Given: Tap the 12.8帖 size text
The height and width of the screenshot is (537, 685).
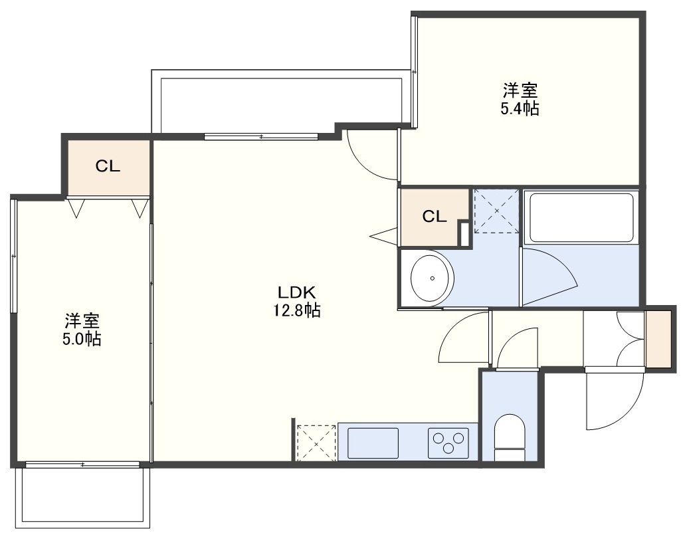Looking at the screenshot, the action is (297, 310).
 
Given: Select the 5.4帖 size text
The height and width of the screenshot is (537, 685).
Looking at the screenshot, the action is (520, 108).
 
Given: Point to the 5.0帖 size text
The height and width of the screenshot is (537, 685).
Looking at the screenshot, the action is (82, 339).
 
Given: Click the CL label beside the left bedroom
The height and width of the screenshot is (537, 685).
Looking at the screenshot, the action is (108, 166).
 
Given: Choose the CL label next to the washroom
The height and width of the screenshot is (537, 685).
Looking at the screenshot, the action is (435, 216).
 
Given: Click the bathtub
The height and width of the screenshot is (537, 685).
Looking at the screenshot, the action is (581, 217).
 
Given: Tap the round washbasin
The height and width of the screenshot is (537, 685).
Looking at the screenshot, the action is (433, 278).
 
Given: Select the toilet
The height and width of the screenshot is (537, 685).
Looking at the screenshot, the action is (510, 437).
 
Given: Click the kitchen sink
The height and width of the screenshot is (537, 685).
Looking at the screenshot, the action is (373, 443).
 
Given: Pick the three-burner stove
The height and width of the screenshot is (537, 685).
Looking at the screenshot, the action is (448, 443).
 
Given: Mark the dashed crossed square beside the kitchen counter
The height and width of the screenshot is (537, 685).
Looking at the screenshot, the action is (316, 442).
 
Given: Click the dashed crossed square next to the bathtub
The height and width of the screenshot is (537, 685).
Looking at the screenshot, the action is (497, 211).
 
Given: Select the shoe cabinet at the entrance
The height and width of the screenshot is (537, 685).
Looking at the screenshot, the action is (658, 339).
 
